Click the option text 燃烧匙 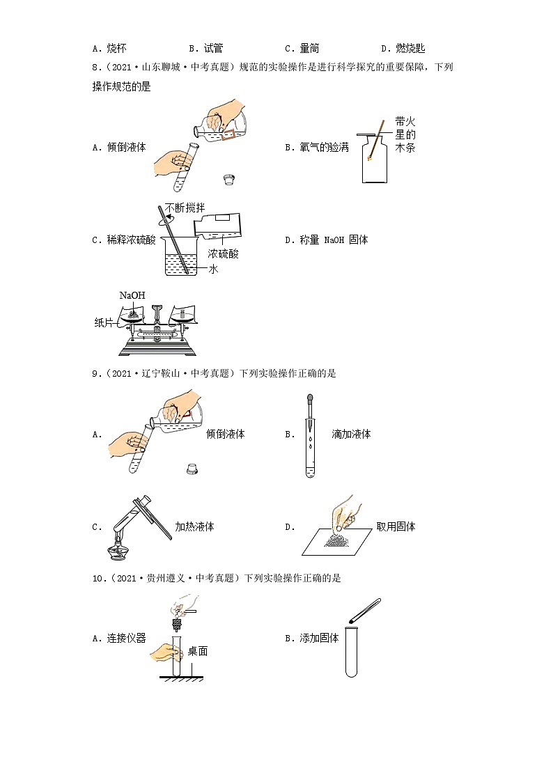coord(409,48)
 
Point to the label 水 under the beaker coord(214,269)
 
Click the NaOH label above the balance coord(132,295)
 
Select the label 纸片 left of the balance coord(104,322)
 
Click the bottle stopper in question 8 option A coord(228,180)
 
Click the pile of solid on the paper coord(338,540)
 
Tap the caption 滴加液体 coord(351,434)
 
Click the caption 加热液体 coord(194,526)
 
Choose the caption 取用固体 coord(396,526)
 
